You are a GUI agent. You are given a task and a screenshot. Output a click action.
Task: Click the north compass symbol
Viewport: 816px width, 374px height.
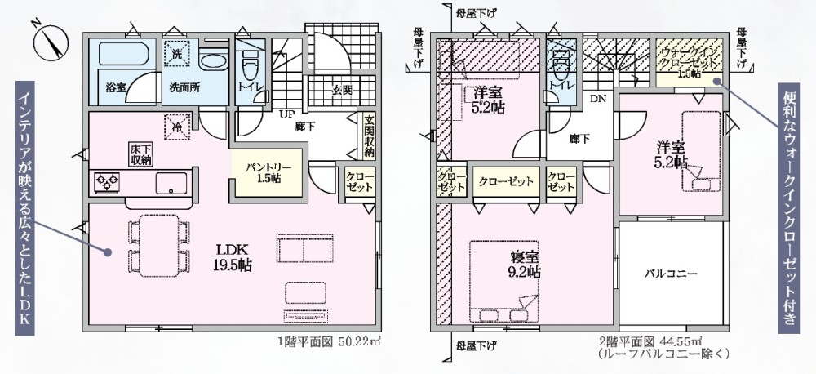51,42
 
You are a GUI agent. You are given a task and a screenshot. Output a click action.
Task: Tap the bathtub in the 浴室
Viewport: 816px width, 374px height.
124,54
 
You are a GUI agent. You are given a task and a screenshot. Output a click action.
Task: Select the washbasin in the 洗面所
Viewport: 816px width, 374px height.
214,62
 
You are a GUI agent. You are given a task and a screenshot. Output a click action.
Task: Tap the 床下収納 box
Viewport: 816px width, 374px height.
140,154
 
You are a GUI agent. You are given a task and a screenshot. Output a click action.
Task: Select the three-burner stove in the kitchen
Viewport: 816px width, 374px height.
108,182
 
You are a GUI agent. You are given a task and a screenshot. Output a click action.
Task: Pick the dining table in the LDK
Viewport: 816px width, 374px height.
159,246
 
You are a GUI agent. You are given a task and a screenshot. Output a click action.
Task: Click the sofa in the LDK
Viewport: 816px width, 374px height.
304,248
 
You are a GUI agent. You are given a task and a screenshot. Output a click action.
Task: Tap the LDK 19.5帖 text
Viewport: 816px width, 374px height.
232,257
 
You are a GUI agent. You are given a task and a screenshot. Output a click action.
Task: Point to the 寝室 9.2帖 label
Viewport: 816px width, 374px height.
525,265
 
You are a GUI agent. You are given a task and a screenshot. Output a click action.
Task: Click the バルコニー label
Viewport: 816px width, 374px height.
671,274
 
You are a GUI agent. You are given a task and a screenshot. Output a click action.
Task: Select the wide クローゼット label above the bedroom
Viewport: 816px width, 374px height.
507,181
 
